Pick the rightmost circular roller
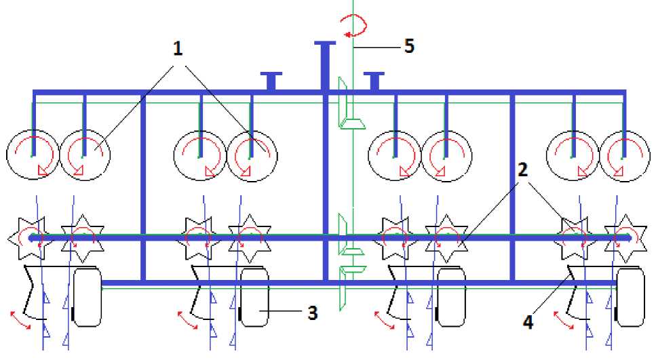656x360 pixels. (624, 155)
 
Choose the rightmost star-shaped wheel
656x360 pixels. (625, 238)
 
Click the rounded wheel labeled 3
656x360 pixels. (254, 297)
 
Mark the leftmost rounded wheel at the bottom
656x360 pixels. (87, 297)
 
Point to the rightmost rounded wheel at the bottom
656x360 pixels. (630, 297)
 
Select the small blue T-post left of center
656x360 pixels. (271, 81)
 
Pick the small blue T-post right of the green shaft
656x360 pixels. (373, 81)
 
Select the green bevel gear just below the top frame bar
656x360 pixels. (353, 122)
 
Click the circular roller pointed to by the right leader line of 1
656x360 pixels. (251, 155)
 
